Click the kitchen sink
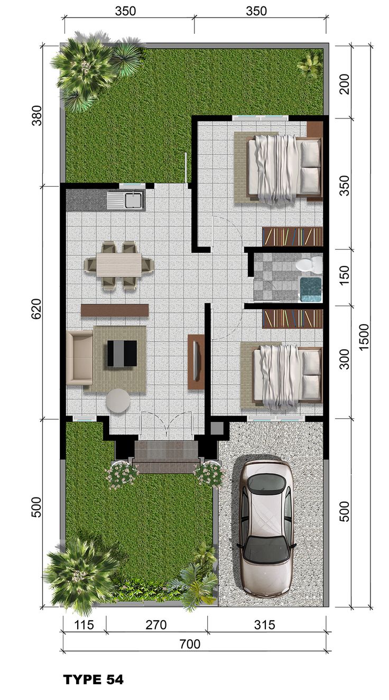tap(125, 200)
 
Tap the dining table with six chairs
tap(119, 264)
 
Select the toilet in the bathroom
tap(309, 264)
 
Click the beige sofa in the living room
tap(79, 357)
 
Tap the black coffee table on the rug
tap(122, 353)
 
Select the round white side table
tap(118, 400)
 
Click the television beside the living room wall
tap(196, 362)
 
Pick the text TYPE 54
tap(94, 680)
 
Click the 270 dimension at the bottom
tap(156, 624)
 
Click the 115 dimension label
tap(84, 624)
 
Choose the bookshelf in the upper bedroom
tap(292, 236)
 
